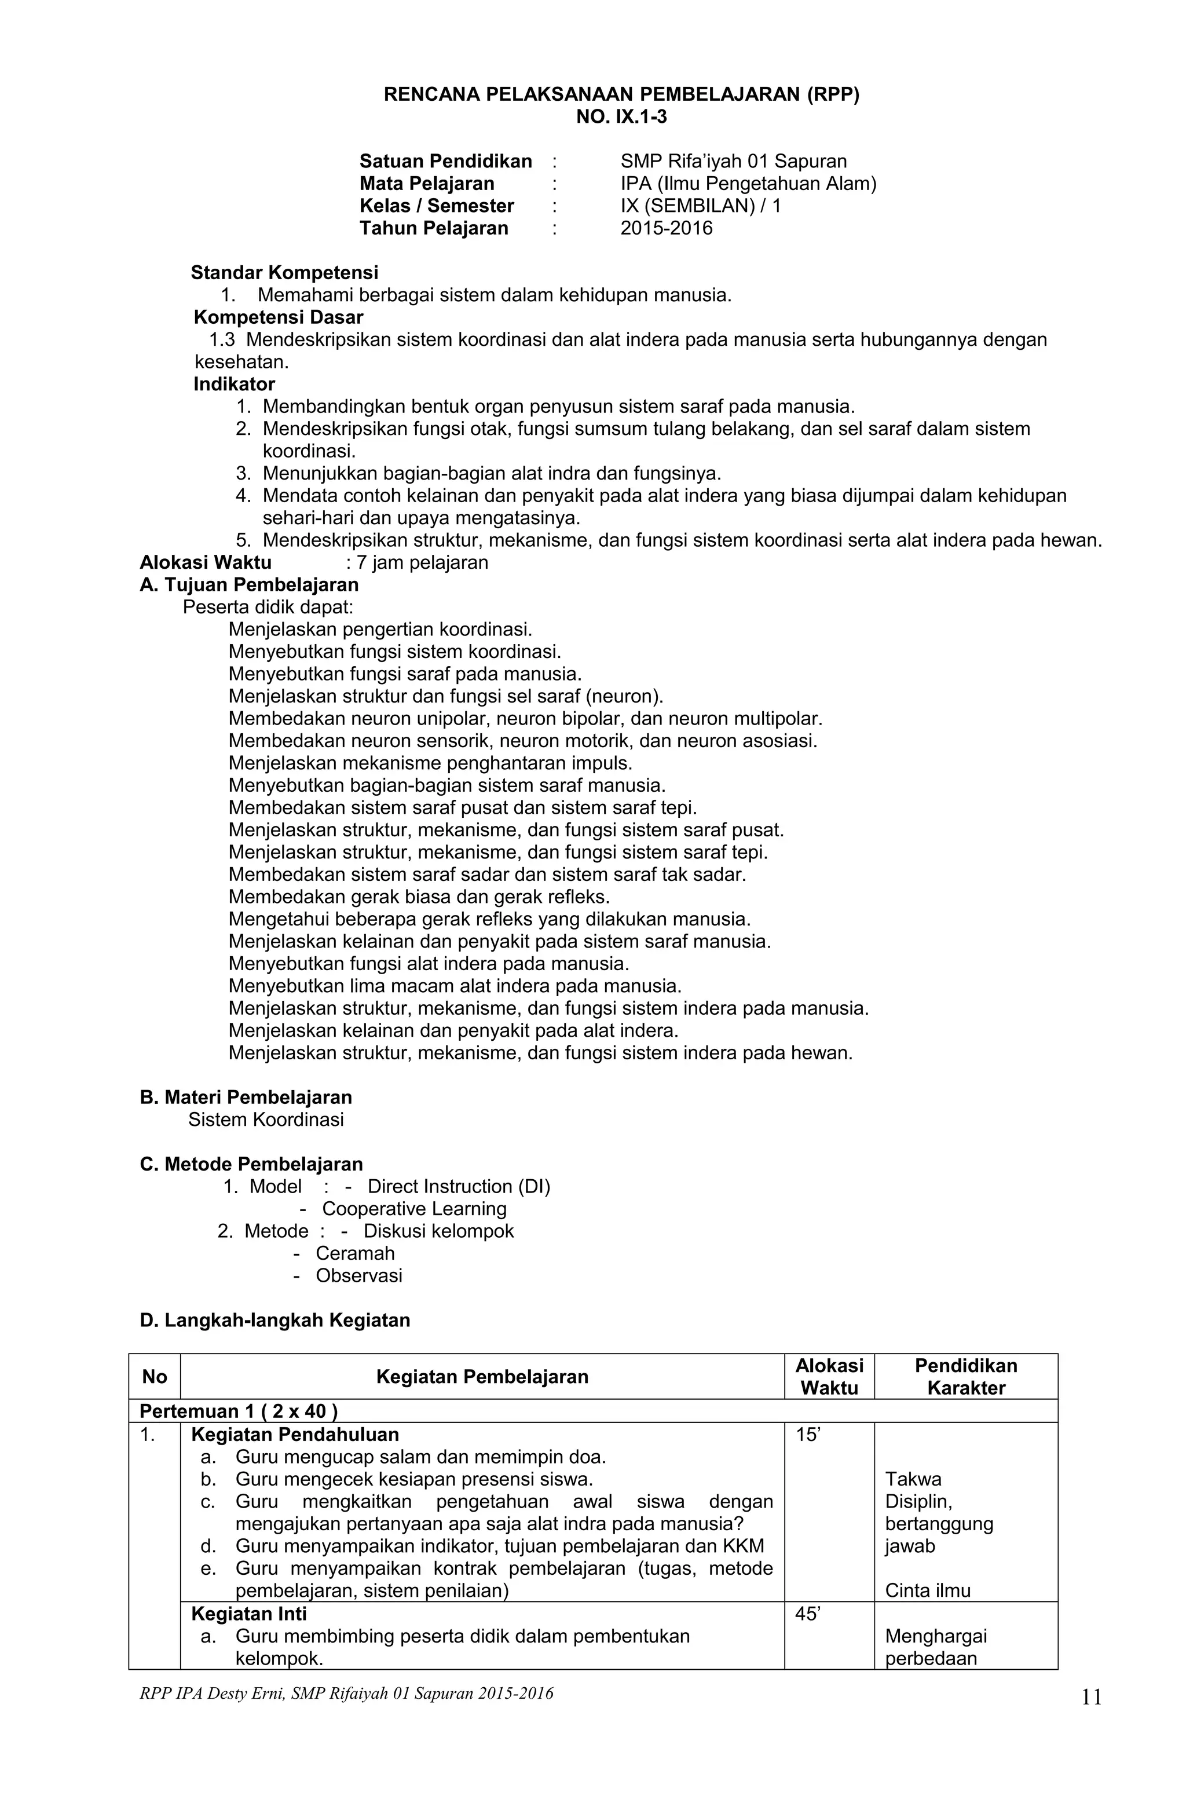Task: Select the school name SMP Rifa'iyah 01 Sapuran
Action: point(733,162)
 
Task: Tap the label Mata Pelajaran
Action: point(426,184)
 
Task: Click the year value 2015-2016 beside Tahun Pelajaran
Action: point(665,228)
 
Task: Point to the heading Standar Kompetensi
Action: point(284,272)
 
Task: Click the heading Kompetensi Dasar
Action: point(278,317)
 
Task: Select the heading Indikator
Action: point(234,384)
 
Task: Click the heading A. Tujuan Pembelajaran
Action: point(249,584)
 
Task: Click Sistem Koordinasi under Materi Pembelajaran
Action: point(266,1119)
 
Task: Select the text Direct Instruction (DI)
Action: point(458,1186)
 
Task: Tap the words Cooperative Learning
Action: point(414,1208)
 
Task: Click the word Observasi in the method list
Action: point(359,1275)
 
